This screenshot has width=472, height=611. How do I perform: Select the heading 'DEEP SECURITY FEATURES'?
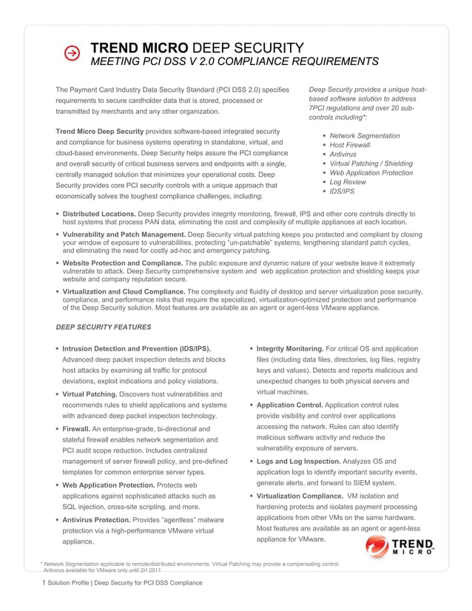pos(104,326)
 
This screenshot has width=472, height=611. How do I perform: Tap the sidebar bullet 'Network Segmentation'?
pos(365,136)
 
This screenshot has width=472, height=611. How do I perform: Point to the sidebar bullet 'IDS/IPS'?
pos(342,192)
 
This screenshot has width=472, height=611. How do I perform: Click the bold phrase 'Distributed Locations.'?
pos(99,214)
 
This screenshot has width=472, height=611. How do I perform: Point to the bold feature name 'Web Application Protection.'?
pos(109,485)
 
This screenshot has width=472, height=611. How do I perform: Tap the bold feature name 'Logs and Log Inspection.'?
pos(294,462)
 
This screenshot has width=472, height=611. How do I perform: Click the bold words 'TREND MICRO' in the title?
pos(139,47)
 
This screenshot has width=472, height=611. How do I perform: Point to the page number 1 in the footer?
pos(44,583)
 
